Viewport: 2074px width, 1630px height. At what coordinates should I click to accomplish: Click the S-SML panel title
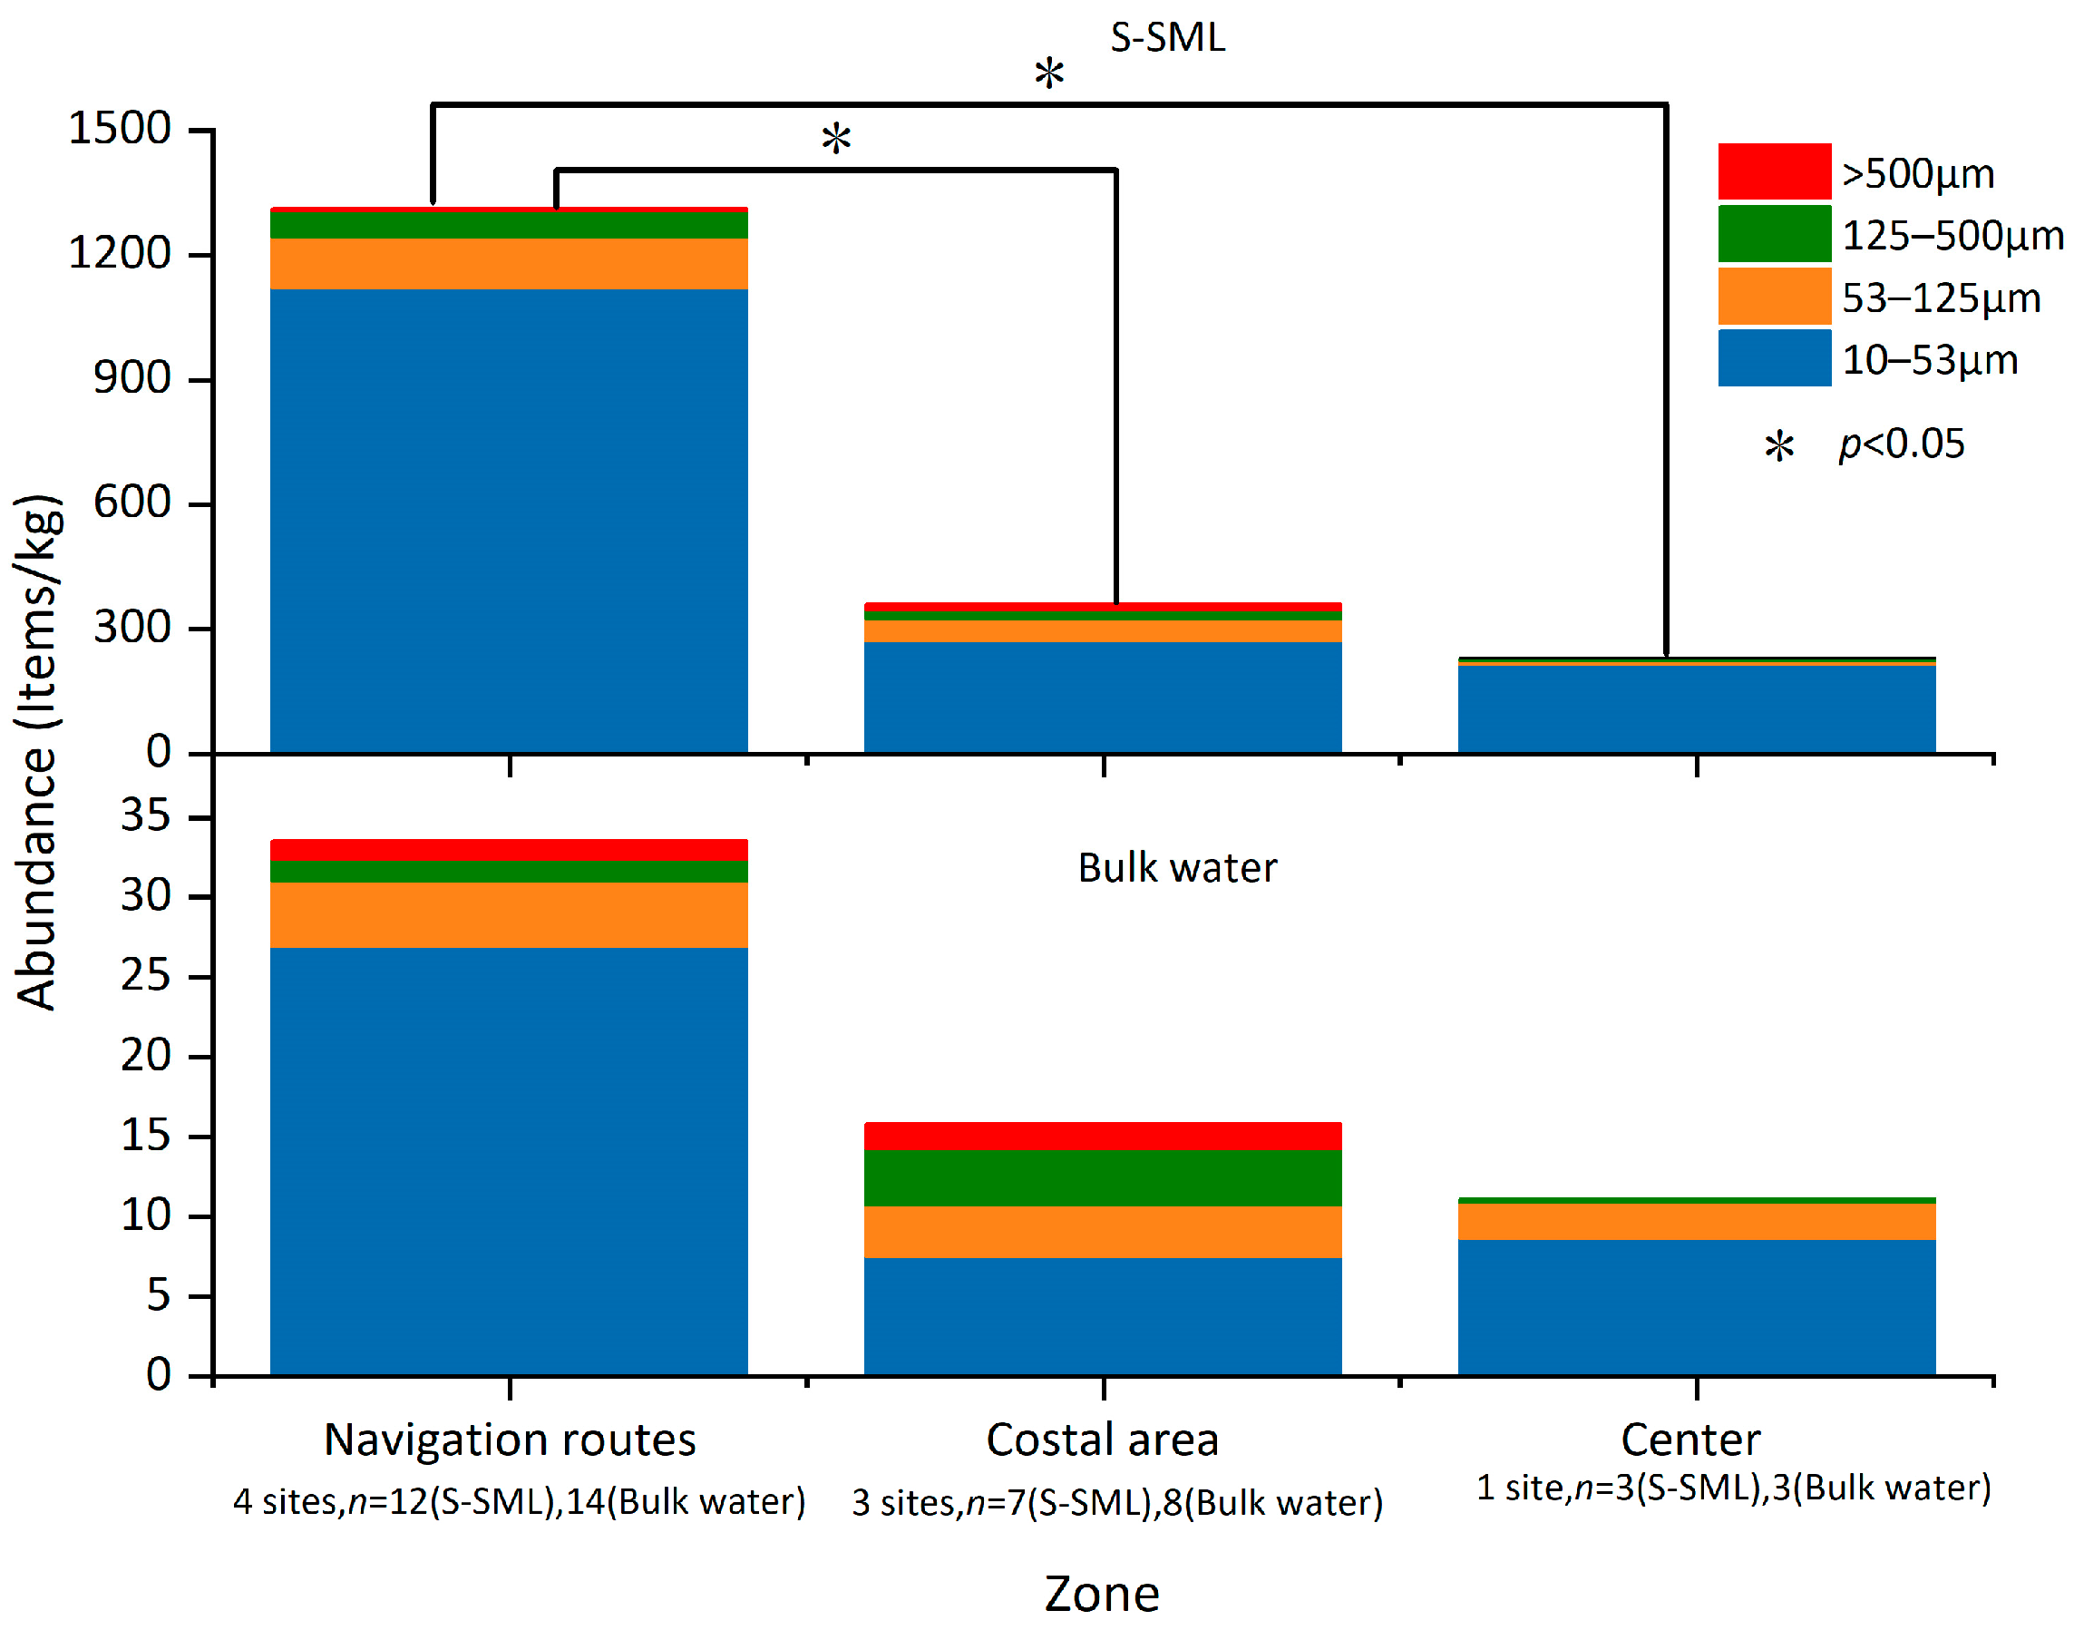tap(1168, 38)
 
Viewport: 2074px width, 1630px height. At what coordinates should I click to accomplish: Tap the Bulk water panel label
tap(1177, 868)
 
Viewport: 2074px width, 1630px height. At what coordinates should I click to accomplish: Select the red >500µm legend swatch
tap(1774, 171)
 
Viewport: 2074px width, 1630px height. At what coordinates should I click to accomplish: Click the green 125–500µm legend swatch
tap(1774, 234)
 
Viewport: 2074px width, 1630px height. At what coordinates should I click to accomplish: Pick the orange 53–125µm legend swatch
tap(1774, 296)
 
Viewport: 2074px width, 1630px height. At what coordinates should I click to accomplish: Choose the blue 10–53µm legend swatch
tap(1774, 358)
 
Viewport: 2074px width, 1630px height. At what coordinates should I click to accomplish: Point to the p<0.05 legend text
tap(1902, 444)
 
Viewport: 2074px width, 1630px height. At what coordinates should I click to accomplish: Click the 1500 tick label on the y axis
tap(119, 129)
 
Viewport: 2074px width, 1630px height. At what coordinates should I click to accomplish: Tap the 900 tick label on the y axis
tap(131, 379)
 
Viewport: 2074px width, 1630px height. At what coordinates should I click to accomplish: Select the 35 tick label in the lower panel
tap(145, 817)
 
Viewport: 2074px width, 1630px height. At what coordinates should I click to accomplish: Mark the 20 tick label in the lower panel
tap(145, 1056)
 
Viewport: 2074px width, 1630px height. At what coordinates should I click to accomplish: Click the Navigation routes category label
tap(510, 1440)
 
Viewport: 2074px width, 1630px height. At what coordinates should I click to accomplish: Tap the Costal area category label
tap(1102, 1440)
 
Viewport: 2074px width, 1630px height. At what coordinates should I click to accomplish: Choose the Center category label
tap(1690, 1440)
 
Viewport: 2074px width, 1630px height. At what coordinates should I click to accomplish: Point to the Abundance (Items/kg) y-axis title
tap(38, 752)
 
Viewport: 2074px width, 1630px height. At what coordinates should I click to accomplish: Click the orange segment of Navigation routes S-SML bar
tap(509, 263)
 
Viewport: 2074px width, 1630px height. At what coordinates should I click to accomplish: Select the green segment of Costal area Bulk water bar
tap(1102, 1178)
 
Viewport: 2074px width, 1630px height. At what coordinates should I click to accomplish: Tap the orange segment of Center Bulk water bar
tap(1696, 1222)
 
